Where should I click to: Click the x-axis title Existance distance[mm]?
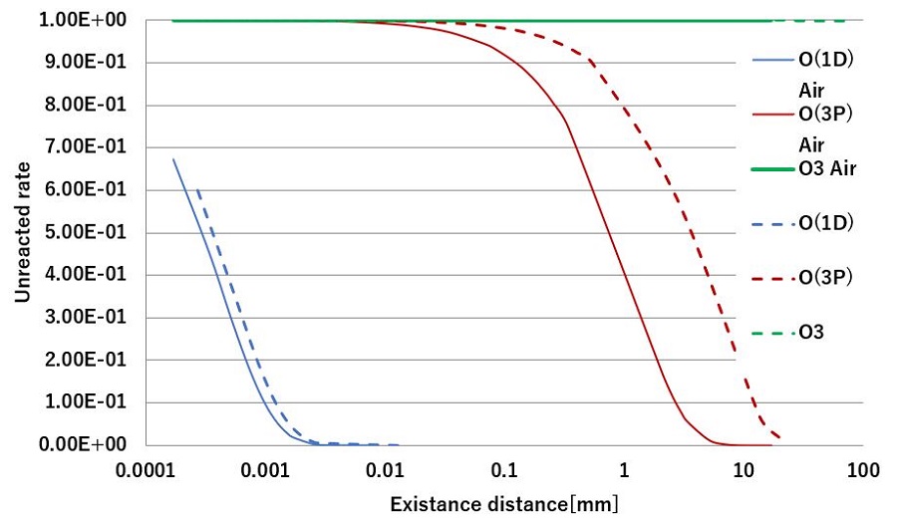(x=503, y=503)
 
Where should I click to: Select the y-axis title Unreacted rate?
(x=22, y=232)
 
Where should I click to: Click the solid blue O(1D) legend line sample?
(x=772, y=61)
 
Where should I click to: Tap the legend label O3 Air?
(x=827, y=168)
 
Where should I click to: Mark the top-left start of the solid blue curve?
(x=173, y=158)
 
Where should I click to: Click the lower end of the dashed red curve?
(x=779, y=438)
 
